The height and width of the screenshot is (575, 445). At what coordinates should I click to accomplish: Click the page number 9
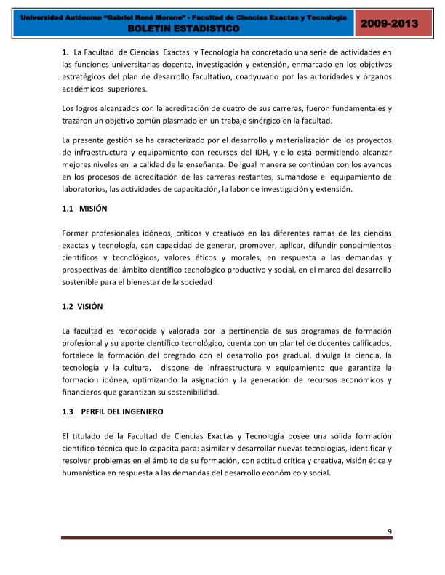click(x=390, y=531)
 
